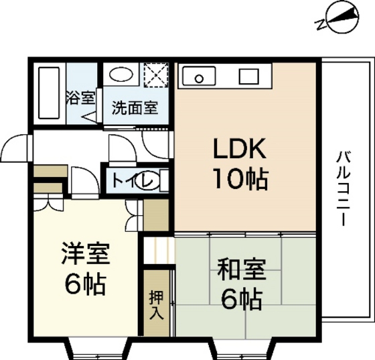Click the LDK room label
pos(241,148)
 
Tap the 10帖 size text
pos(241,178)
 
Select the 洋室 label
pos(86,256)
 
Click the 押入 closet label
pos(155,304)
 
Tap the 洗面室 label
pos(135,107)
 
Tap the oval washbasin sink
pos(122,76)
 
